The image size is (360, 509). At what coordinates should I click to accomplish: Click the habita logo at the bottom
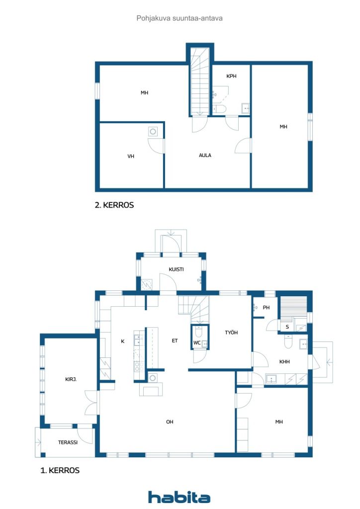click(x=179, y=497)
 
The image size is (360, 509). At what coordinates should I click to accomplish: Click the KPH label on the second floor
click(x=231, y=76)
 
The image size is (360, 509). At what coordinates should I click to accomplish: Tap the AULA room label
click(x=205, y=155)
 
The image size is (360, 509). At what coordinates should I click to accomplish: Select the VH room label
click(x=131, y=156)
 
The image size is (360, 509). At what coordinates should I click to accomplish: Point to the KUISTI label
click(x=176, y=269)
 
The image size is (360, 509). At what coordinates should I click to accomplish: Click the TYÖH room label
click(x=231, y=332)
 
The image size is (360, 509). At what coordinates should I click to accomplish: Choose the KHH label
click(x=284, y=361)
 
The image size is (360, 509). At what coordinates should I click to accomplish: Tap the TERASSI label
click(x=68, y=442)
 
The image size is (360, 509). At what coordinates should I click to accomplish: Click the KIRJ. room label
click(x=71, y=379)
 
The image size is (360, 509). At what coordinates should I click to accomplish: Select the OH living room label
click(x=170, y=422)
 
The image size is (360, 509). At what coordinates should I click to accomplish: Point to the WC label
click(x=197, y=343)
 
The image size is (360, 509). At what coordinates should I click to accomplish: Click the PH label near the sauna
click(x=266, y=307)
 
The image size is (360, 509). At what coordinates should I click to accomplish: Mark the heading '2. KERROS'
click(x=114, y=205)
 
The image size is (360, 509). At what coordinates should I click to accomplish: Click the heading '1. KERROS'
click(x=60, y=470)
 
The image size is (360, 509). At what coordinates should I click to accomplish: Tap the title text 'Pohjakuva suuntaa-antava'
click(x=180, y=18)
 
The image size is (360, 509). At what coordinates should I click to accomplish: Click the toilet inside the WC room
click(x=199, y=332)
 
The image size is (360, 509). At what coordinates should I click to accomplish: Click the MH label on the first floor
click(x=279, y=422)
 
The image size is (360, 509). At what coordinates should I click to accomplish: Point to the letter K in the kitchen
click(x=123, y=341)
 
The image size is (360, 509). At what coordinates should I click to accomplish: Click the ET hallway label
click(x=175, y=340)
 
